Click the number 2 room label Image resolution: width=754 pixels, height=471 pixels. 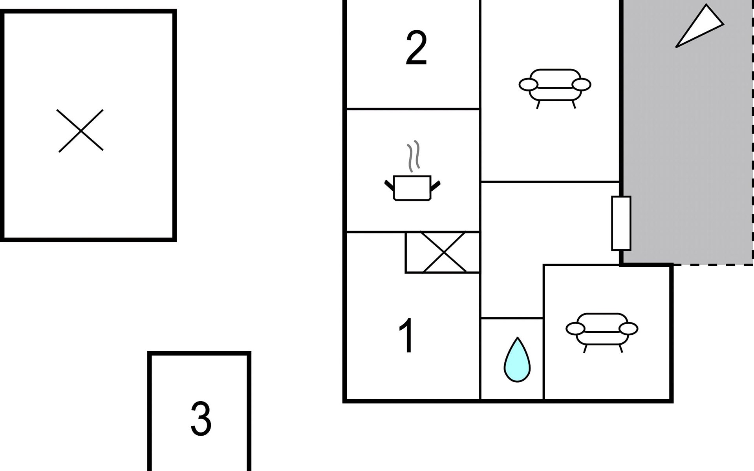click(416, 48)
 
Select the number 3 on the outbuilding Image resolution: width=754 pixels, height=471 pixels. click(201, 418)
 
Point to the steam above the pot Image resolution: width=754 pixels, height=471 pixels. click(413, 156)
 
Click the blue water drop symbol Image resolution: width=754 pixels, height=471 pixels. click(517, 360)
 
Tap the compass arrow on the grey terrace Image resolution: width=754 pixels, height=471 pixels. click(699, 26)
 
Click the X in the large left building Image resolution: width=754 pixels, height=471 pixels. click(81, 131)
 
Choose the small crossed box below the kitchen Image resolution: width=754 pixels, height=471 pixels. click(443, 252)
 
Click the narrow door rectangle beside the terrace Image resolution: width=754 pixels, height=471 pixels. click(621, 223)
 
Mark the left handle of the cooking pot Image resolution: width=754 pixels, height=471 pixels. click(389, 185)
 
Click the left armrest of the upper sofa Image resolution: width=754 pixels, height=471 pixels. click(528, 84)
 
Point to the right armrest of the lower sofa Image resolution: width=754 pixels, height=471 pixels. click(628, 329)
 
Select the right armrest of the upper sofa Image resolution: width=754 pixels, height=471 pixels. click(582, 84)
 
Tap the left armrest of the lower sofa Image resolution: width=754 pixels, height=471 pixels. click(575, 329)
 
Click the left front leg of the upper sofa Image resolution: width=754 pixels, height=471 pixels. click(538, 104)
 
